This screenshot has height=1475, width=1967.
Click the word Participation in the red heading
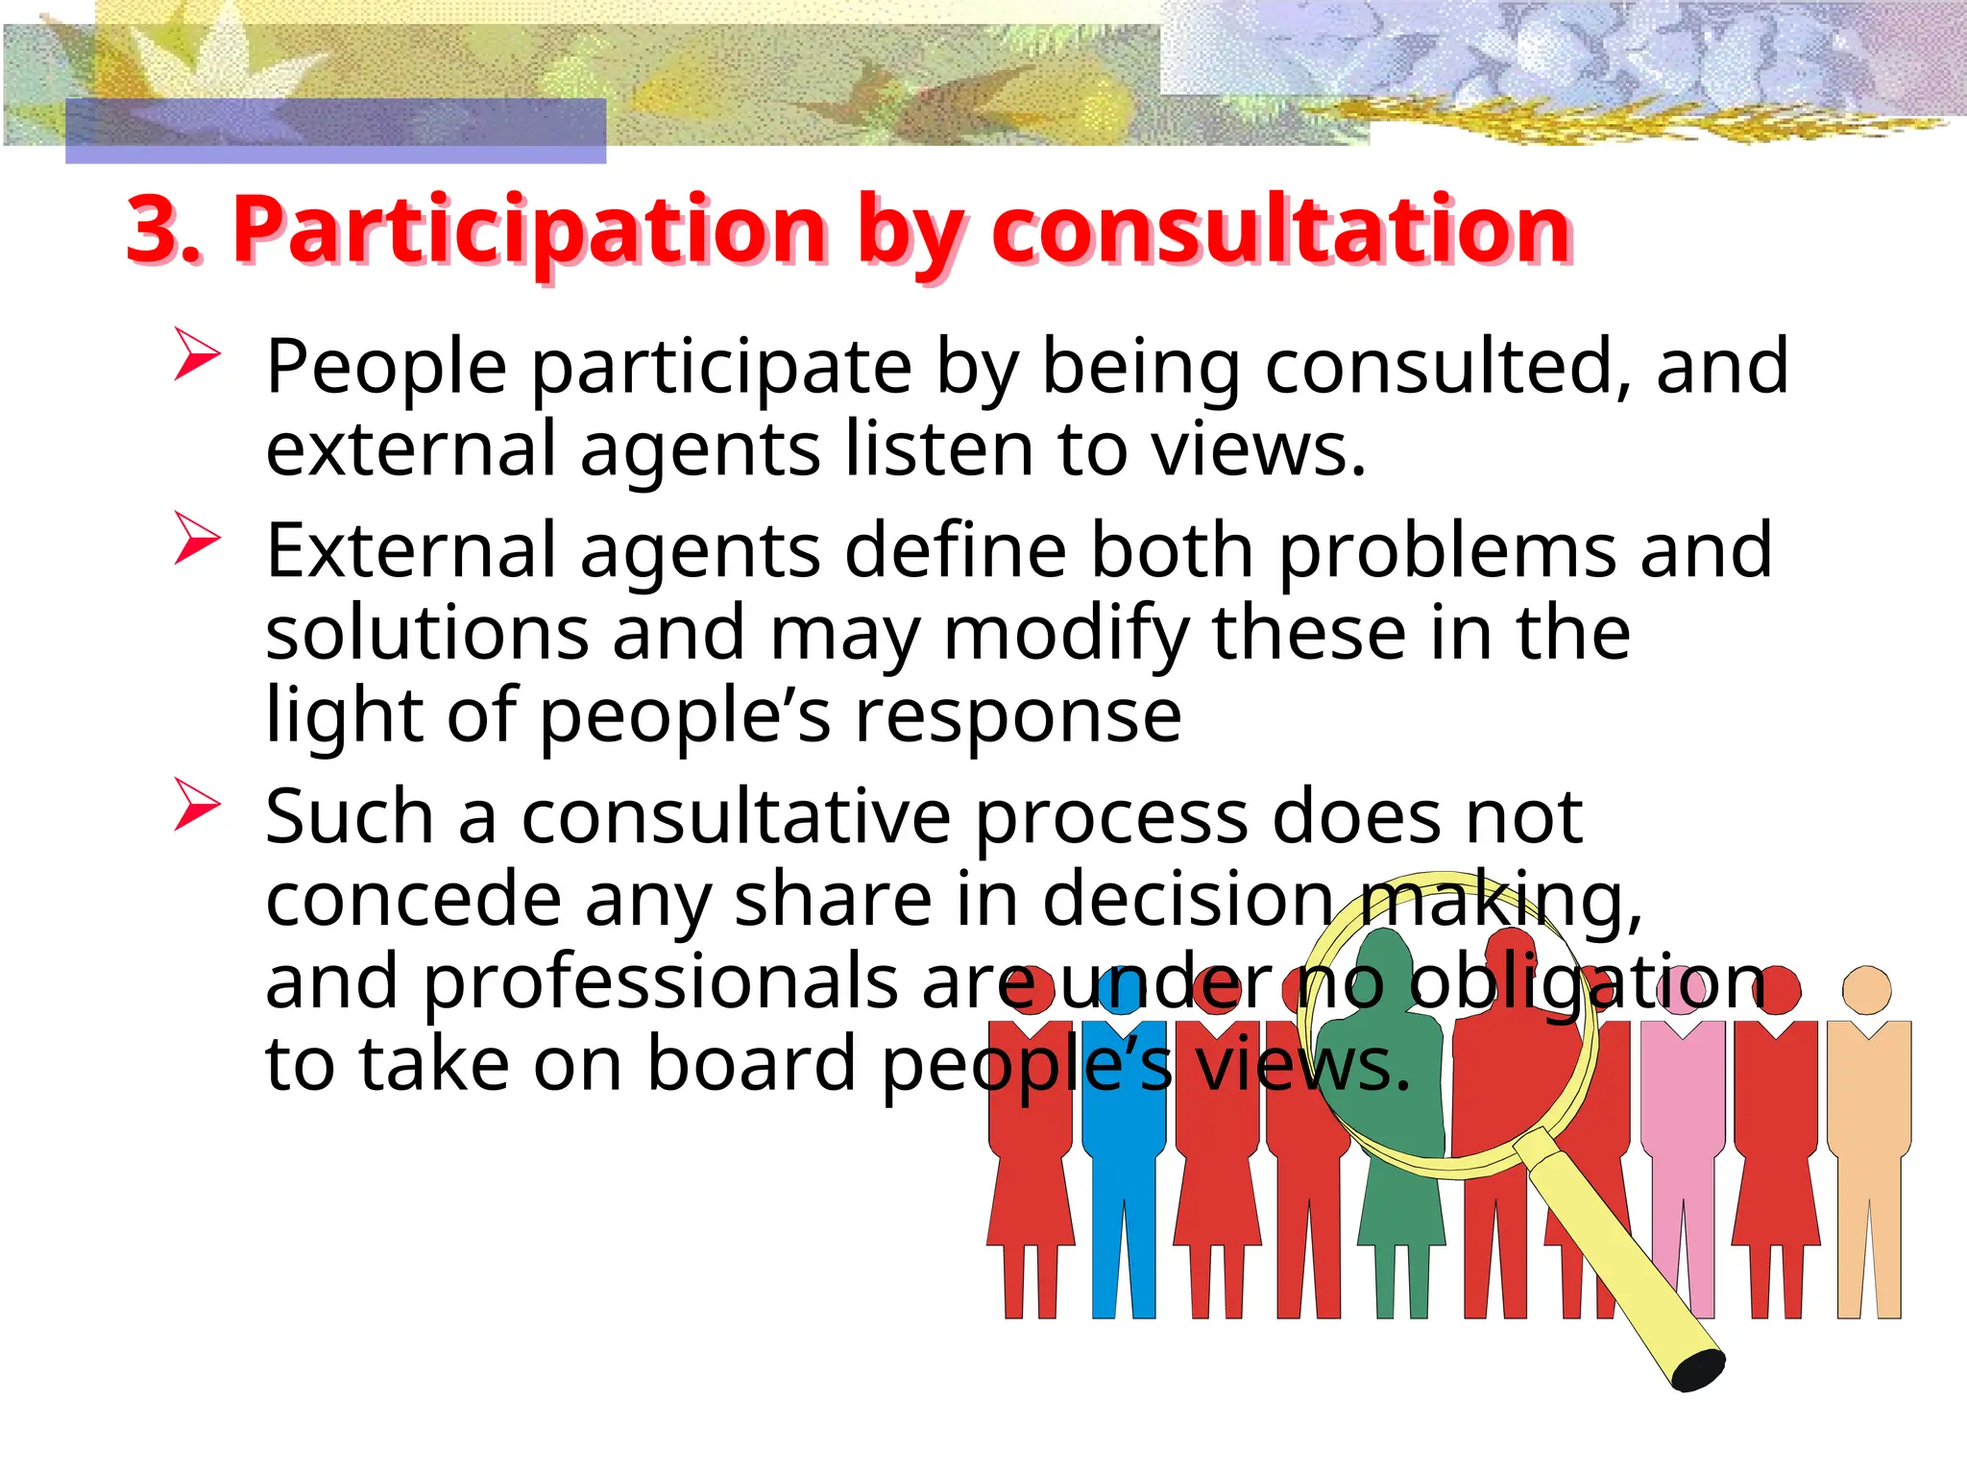[529, 230]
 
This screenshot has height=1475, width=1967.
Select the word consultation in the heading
[1281, 230]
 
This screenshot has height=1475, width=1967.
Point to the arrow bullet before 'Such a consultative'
[197, 804]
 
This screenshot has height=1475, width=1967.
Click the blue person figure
[1124, 1152]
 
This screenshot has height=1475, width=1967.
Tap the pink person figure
[1683, 1152]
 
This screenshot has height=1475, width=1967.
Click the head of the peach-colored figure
[1867, 990]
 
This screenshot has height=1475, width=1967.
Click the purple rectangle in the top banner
[335, 131]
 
